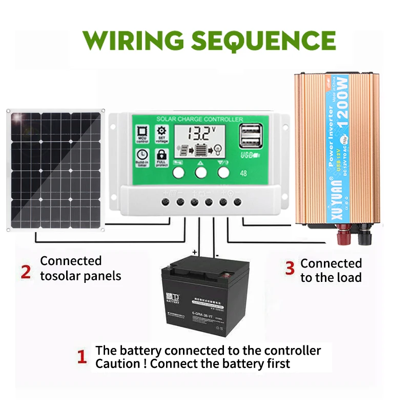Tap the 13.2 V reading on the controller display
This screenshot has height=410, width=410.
[x=198, y=135]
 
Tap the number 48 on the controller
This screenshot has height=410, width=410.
[x=243, y=173]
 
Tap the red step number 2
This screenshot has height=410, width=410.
[x=26, y=271]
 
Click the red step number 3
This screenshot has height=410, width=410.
[x=290, y=268]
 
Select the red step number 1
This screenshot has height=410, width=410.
[x=81, y=357]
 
